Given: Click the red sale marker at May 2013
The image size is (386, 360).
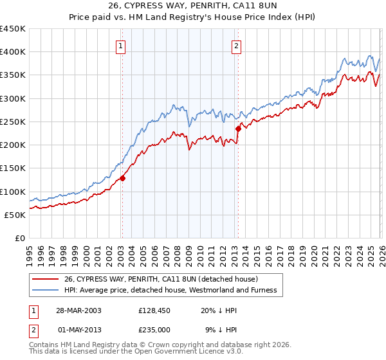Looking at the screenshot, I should [x=237, y=129].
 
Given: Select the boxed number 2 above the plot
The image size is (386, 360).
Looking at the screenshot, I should [x=237, y=45].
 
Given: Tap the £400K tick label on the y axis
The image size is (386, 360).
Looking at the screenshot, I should [x=12, y=52].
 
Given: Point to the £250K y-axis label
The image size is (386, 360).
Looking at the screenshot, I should [x=12, y=122].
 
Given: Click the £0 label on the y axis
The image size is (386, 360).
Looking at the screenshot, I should [x=19, y=238].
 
